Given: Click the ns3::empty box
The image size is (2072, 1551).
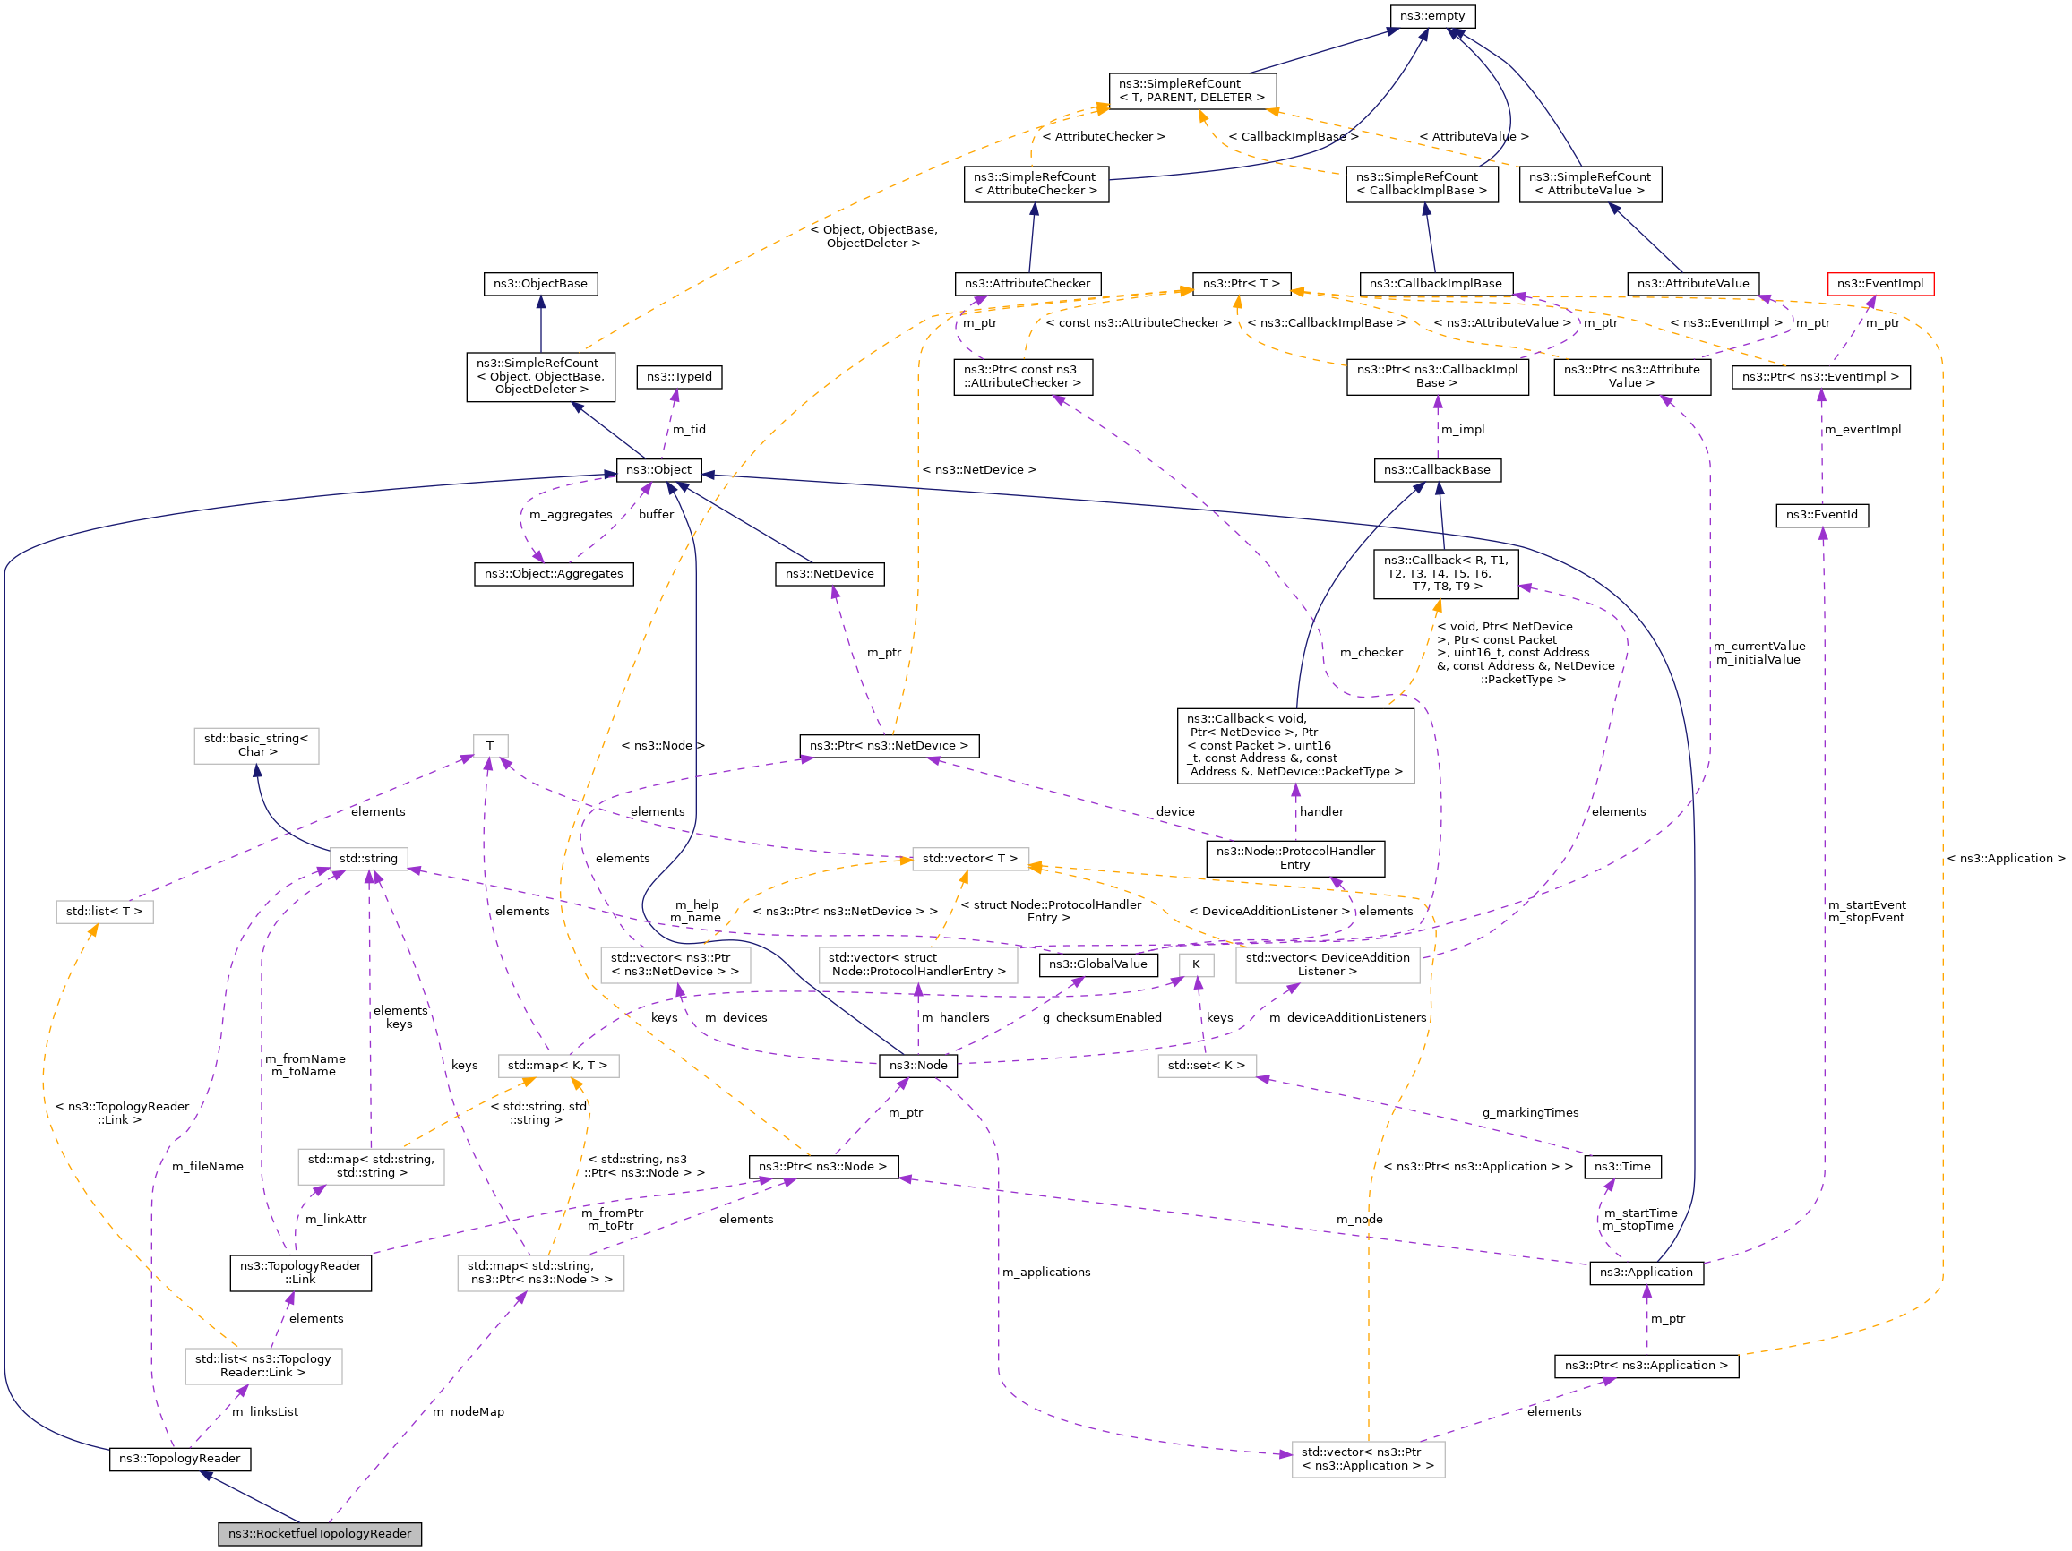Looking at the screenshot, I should pos(1431,16).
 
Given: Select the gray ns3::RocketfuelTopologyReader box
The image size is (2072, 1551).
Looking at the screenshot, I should pos(320,1533).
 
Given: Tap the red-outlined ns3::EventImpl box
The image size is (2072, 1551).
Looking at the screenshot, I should pos(1879,284).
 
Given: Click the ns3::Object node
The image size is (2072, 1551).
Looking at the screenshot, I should pos(658,470).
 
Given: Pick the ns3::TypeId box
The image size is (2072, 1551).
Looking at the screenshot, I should pos(679,376).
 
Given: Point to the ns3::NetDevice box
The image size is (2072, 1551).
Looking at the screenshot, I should pos(829,573).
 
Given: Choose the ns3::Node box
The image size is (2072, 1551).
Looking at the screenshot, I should pos(917,1065).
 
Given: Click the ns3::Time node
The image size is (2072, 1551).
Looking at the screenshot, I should pos(1622,1166).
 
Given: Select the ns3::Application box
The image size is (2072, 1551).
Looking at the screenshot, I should pos(1646,1272).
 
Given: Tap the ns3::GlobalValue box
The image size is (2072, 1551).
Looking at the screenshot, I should pos(1098,964).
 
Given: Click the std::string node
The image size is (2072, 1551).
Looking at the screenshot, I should pos(368,858).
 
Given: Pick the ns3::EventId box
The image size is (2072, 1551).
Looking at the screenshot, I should pos(1821,514).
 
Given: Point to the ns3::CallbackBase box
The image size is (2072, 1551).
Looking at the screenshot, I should pos(1436,470).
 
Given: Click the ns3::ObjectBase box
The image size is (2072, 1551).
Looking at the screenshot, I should pos(540,284).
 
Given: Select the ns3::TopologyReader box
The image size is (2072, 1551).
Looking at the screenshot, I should pos(180,1458).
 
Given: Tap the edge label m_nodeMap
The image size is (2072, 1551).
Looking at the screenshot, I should pos(468,1411).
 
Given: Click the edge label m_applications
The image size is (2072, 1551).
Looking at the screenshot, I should pos(1045,1272).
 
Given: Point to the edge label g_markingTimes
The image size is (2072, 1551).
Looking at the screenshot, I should pos(1530,1113).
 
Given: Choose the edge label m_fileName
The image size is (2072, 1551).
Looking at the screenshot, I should pos(207,1166).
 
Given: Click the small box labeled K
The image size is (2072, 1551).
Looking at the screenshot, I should pos(1195,964).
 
